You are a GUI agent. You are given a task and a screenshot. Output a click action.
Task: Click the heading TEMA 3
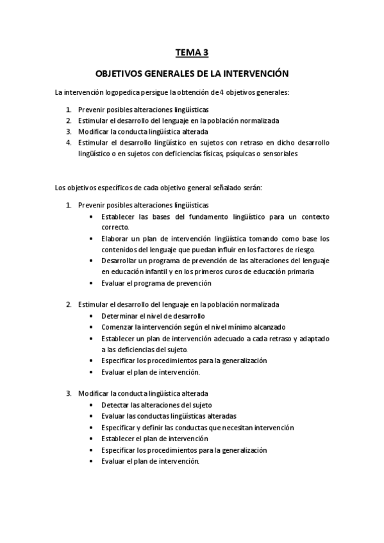tap(192, 53)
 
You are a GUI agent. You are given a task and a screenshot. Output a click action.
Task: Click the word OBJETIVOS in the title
tap(121, 74)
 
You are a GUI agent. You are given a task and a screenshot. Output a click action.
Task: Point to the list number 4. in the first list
tap(68, 143)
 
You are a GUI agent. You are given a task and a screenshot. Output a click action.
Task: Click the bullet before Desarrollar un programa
tap(94, 261)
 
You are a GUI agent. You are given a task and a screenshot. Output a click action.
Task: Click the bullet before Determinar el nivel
tap(94, 316)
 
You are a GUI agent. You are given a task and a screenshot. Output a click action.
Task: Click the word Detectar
tap(116, 405)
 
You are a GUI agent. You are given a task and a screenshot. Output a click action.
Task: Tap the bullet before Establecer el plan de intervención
tap(94, 439)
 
